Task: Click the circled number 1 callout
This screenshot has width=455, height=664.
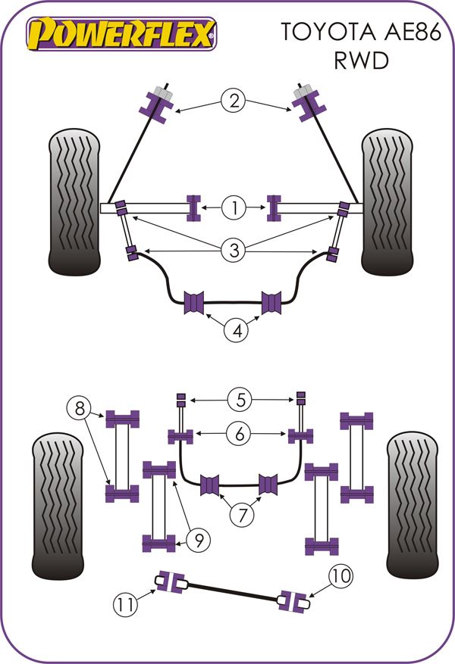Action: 234,206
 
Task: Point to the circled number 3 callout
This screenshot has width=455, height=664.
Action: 234,250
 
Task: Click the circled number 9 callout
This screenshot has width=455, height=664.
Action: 198,540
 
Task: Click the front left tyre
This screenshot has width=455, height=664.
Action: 74,202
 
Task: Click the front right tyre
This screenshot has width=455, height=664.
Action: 387,202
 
